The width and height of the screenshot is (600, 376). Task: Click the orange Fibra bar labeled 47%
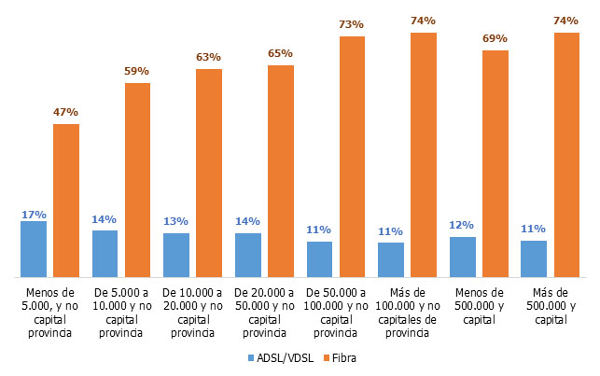[66, 201]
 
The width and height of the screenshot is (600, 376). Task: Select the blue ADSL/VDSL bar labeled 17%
[33, 249]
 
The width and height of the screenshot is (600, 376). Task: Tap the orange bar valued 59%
[138, 180]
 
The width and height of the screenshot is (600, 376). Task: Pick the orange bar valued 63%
[209, 174]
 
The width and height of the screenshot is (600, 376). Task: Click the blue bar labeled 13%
[175, 255]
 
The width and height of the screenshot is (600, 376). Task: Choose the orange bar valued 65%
[281, 171]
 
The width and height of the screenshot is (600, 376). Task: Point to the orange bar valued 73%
[352, 157]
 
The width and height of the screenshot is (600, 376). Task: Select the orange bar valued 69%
[495, 163]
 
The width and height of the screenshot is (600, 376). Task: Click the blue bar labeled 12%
[462, 257]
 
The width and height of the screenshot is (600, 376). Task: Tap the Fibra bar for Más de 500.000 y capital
[566, 155]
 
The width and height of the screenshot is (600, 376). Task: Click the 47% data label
[66, 112]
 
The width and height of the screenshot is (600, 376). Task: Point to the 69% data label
[495, 38]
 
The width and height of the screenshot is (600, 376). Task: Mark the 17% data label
[33, 215]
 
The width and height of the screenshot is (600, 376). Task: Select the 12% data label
[462, 225]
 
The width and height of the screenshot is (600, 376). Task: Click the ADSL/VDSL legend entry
[279, 357]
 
